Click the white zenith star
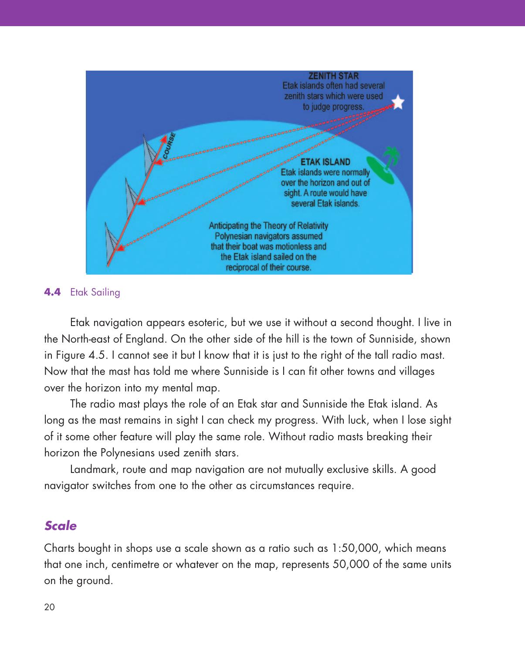[398, 102]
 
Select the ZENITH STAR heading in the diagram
[334, 75]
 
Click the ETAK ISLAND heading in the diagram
[326, 162]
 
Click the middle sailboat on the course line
[132, 194]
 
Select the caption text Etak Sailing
[95, 292]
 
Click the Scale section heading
[61, 526]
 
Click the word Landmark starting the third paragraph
[94, 469]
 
